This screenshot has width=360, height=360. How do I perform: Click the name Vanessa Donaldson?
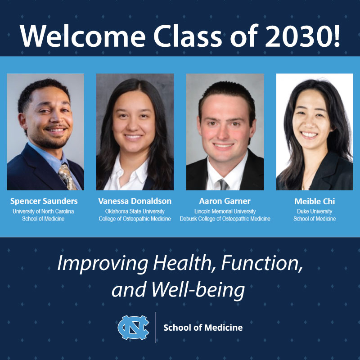(135, 201)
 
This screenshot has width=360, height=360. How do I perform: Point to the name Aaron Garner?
(225, 201)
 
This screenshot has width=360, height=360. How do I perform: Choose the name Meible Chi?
(315, 201)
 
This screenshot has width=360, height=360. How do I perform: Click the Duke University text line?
(315, 211)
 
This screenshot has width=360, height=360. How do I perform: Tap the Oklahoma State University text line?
(135, 211)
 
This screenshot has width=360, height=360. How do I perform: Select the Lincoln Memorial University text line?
(225, 211)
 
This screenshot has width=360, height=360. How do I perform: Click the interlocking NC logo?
(133, 327)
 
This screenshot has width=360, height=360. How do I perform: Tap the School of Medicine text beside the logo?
(202, 328)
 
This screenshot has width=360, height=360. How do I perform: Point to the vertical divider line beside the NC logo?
(156, 327)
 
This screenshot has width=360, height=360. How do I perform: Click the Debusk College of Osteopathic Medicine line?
(225, 219)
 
